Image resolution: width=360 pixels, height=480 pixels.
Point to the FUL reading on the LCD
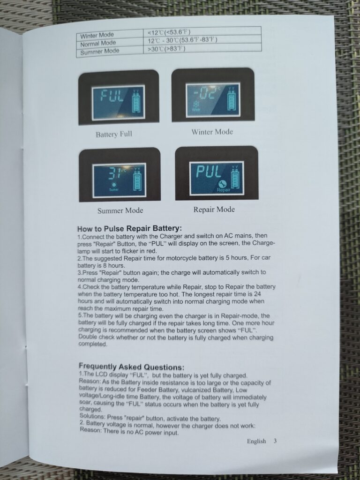pyautogui.click(x=112, y=97)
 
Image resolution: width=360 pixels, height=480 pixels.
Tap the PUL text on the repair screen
pyautogui.click(x=208, y=172)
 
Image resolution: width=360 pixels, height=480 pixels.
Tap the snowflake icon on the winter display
pyautogui.click(x=194, y=104)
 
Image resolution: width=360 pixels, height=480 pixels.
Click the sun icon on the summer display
pyautogui.click(x=114, y=185)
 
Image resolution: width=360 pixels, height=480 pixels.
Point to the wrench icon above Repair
pyautogui.click(x=223, y=183)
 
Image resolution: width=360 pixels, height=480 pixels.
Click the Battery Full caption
pyautogui.click(x=114, y=134)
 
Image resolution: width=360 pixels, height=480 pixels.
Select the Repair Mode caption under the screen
pyautogui.click(x=214, y=210)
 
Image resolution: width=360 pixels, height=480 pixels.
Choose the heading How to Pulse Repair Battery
pyautogui.click(x=129, y=229)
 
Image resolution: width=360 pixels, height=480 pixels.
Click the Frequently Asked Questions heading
pyautogui.click(x=132, y=367)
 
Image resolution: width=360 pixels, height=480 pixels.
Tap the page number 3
pyautogui.click(x=275, y=441)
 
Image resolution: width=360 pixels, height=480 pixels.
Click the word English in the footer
pyautogui.click(x=256, y=441)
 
